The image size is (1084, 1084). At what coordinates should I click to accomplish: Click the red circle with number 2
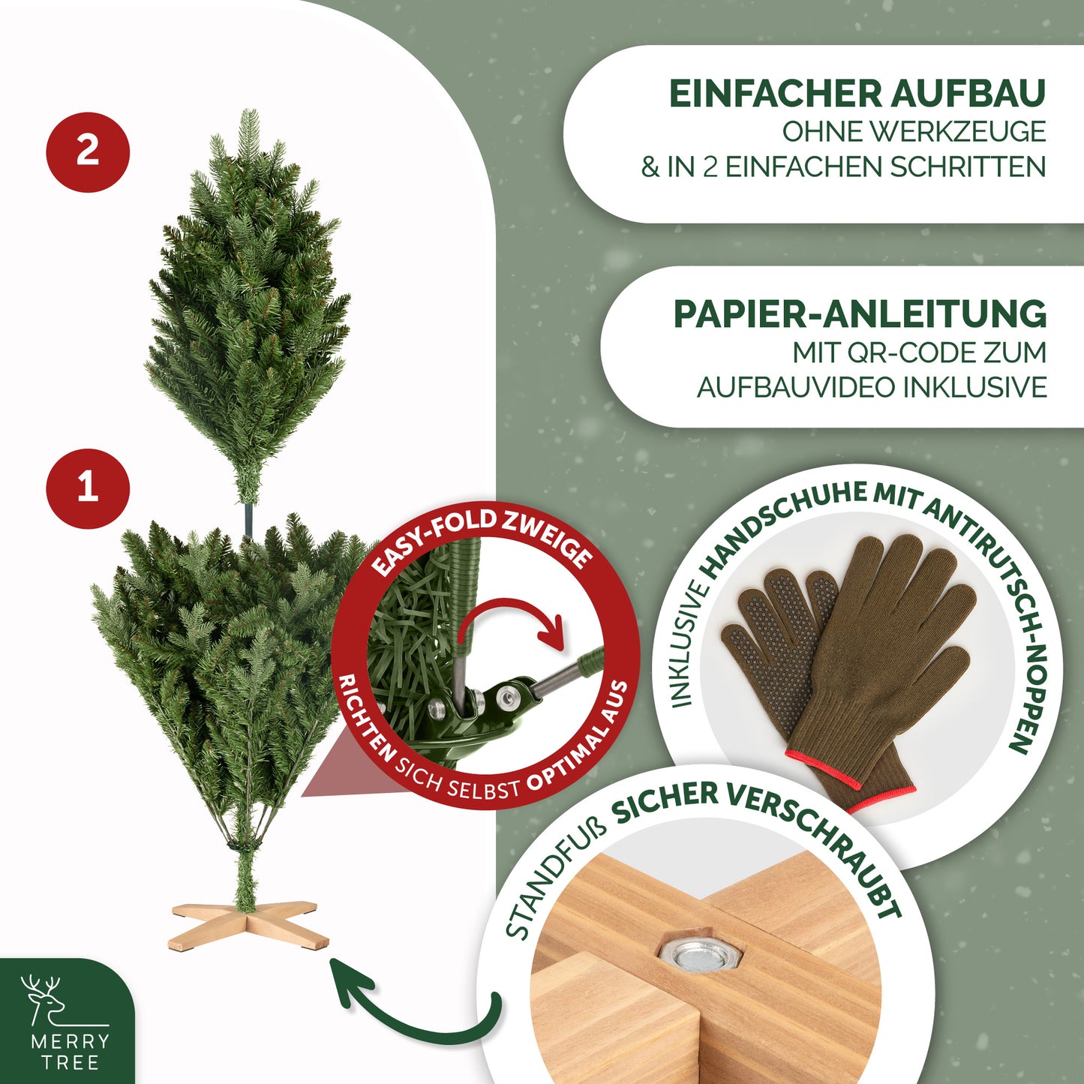click(88, 152)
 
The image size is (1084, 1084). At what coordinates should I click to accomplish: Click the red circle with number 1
click(88, 488)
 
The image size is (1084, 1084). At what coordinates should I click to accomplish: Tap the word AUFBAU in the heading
click(968, 94)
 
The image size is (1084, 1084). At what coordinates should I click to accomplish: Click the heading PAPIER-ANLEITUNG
click(860, 314)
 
